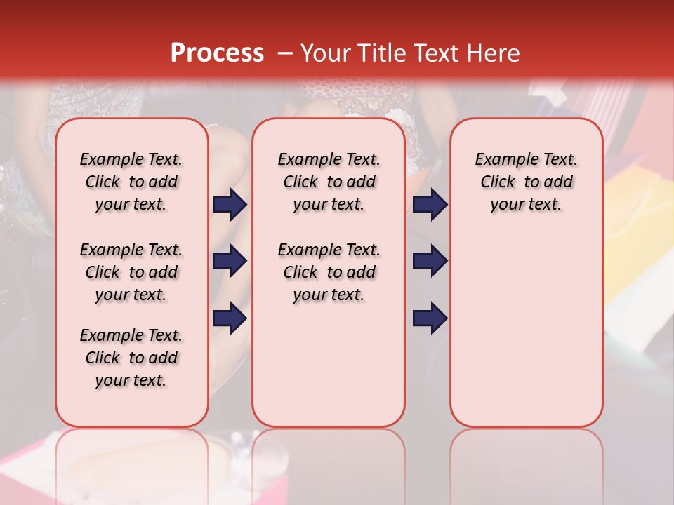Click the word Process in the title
[217, 53]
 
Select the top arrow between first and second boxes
[230, 205]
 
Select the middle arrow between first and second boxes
[230, 261]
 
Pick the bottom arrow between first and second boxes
[230, 318]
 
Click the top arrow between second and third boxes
[430, 205]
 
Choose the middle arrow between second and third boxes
[430, 261]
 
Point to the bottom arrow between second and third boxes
[430, 318]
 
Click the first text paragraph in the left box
[131, 182]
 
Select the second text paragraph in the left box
[131, 272]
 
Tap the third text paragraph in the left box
[131, 358]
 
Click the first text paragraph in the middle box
[329, 182]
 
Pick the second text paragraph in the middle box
[329, 272]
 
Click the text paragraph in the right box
[526, 182]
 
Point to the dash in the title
[285, 53]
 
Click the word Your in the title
[325, 53]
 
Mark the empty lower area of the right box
[526, 330]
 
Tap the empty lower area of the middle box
[329, 365]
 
